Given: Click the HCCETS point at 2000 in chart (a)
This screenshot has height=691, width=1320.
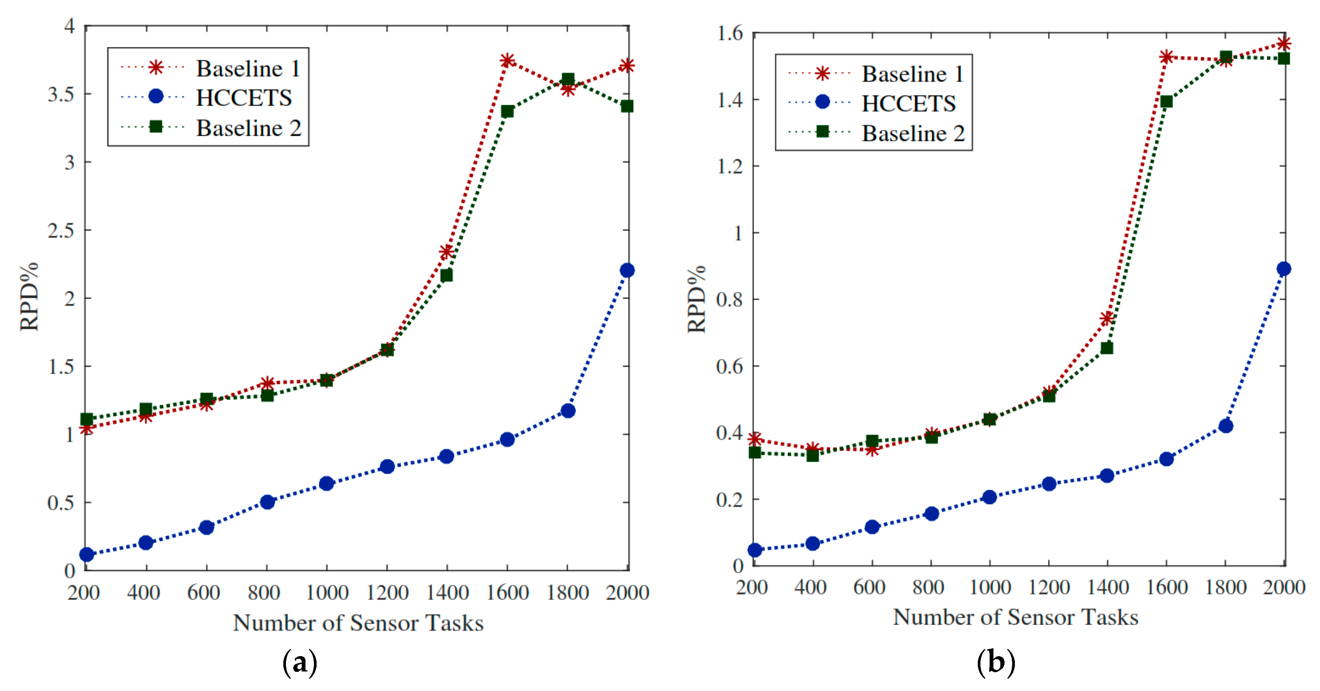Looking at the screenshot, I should pyautogui.click(x=627, y=270).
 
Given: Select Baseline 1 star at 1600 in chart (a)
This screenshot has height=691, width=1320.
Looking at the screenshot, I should pyautogui.click(x=507, y=61).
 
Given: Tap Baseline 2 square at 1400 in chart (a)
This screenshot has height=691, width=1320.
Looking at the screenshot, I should pyautogui.click(x=446, y=275).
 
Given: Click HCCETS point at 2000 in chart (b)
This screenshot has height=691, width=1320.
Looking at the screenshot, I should pyautogui.click(x=1284, y=269).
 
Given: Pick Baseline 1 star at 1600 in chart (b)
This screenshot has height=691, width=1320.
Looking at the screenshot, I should pyautogui.click(x=1166, y=57).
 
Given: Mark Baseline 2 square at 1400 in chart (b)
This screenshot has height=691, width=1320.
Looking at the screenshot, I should pyautogui.click(x=1107, y=348).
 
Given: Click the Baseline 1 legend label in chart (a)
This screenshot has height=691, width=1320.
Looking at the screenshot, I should pyautogui.click(x=248, y=69).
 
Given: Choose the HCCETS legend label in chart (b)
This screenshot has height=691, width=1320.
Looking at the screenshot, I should pyautogui.click(x=908, y=103).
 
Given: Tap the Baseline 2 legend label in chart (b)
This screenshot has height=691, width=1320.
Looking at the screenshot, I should pyautogui.click(x=913, y=133).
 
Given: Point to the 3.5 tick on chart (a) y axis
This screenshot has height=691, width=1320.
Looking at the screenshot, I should pyautogui.click(x=61, y=94).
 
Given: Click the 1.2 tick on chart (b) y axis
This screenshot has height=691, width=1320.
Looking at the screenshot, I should pyautogui.click(x=730, y=166).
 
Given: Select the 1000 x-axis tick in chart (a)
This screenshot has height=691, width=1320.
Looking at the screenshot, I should pyautogui.click(x=327, y=593).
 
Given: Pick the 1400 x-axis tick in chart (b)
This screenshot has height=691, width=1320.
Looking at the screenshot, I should pyautogui.click(x=1108, y=587).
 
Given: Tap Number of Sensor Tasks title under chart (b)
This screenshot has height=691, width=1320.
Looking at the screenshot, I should pyautogui.click(x=1015, y=617).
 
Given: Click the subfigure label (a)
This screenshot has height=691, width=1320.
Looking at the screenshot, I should pyautogui.click(x=300, y=663).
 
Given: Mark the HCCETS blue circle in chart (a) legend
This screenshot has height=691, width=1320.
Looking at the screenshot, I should pyautogui.click(x=156, y=97).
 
